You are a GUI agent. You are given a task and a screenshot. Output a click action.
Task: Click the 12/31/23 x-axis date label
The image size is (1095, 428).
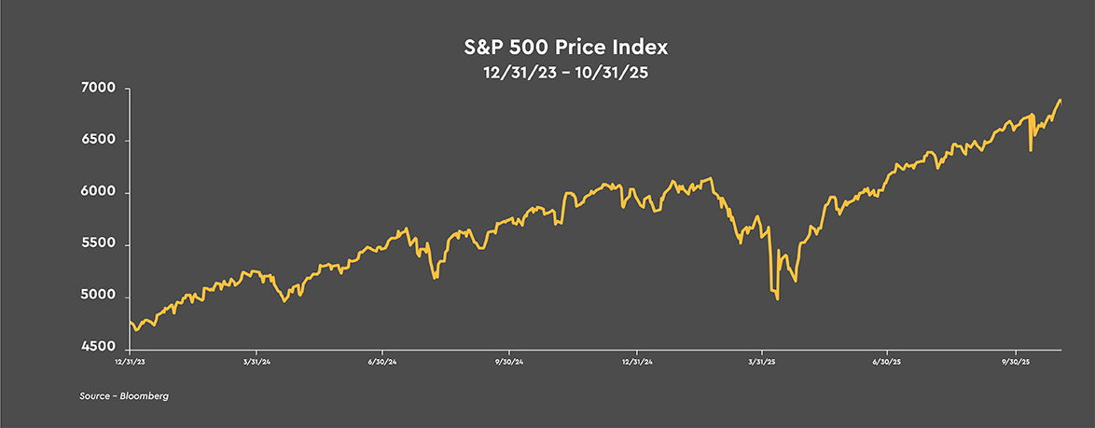130,361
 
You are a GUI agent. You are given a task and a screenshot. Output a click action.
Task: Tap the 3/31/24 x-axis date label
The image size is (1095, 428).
256,361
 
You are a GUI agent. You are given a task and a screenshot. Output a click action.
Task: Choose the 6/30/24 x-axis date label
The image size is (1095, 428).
382,361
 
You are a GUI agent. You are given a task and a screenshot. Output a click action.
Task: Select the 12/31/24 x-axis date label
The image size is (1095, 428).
636,361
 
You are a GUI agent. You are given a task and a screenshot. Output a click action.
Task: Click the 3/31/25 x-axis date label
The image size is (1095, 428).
763,361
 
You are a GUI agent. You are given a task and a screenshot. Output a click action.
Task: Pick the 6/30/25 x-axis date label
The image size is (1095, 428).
888,361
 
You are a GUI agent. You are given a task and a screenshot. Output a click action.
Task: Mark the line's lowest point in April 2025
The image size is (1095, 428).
778,299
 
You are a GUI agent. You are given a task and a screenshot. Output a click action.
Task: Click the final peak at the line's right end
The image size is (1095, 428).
1060,100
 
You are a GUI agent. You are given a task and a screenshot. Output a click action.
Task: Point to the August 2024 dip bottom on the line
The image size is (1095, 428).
436,278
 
